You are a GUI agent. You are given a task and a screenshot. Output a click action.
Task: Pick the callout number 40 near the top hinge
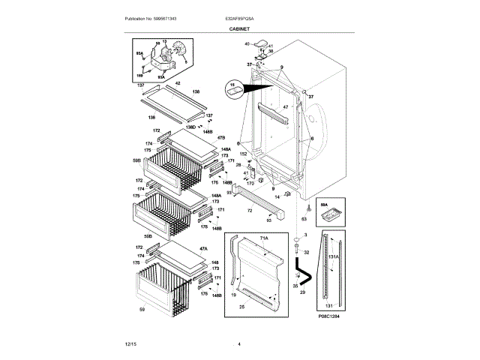tap(247, 44)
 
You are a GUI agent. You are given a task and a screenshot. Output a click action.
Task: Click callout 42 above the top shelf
tap(178, 83)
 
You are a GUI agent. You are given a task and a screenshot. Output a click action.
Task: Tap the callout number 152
tap(243, 154)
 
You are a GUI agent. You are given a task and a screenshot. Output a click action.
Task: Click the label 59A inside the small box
tap(324, 203)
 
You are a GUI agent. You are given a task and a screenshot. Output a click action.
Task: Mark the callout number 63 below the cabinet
tap(304, 219)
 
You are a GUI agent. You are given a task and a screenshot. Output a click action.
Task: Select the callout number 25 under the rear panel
tap(241, 307)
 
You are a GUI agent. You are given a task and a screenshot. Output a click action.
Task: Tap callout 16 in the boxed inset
tap(232, 85)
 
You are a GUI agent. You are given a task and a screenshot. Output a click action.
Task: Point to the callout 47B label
tap(221, 138)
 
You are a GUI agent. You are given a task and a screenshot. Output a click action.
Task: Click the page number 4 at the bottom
tap(238, 343)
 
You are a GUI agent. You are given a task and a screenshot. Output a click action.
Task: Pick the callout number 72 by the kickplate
tap(248, 211)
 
